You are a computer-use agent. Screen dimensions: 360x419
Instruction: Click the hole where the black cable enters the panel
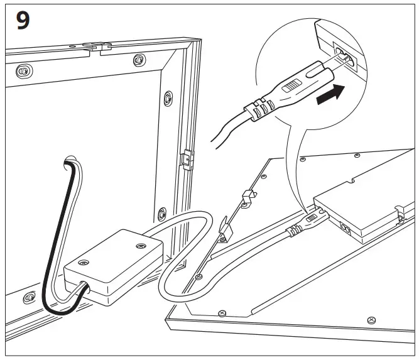click(x=69, y=159)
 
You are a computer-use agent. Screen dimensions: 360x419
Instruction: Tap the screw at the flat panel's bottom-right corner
click(x=372, y=319)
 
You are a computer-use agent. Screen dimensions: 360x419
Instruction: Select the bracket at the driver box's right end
click(x=400, y=214)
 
